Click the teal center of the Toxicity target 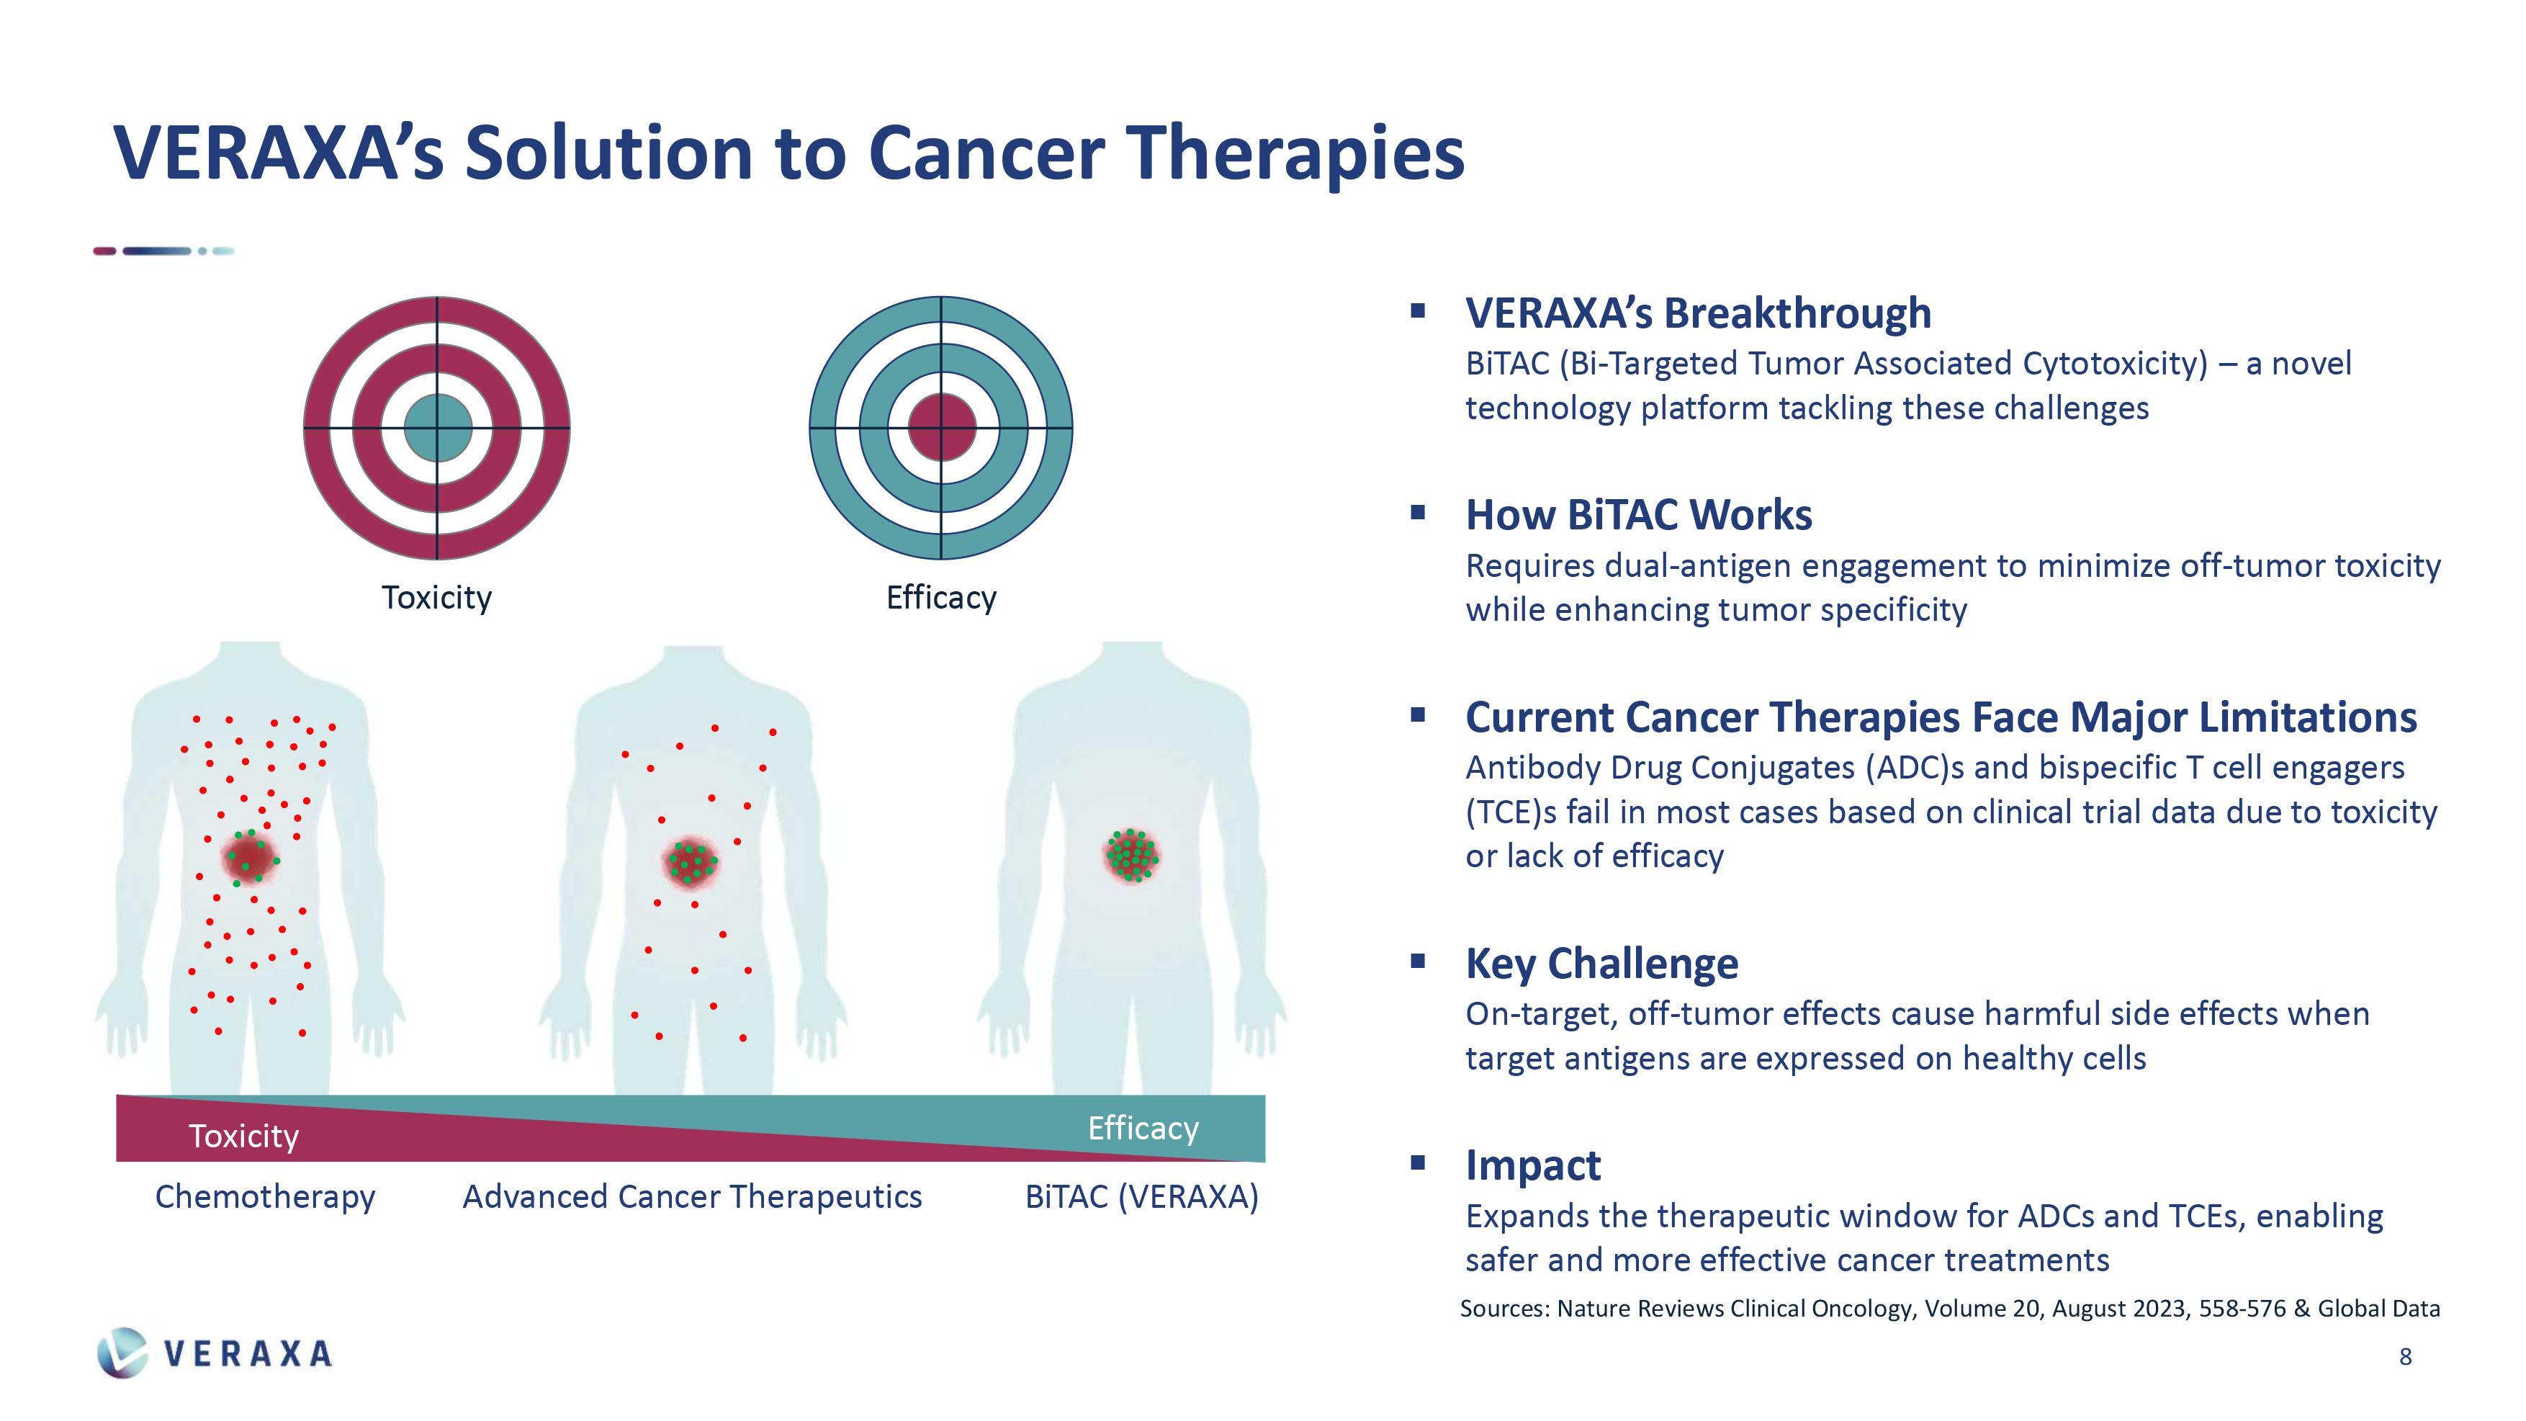pyautogui.click(x=437, y=428)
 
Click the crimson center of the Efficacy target pyautogui.click(x=941, y=428)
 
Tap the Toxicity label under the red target pyautogui.click(x=436, y=597)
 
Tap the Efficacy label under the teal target pyautogui.click(x=941, y=597)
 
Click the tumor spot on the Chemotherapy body pyautogui.click(x=251, y=857)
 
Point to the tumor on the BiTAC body pyautogui.click(x=1132, y=855)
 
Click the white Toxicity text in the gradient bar pyautogui.click(x=243, y=1136)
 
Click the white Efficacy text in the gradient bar pyautogui.click(x=1143, y=1129)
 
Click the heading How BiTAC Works pyautogui.click(x=1639, y=515)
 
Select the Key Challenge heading pyautogui.click(x=1601, y=964)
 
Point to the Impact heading pyautogui.click(x=1532, y=1166)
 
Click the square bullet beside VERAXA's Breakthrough pyautogui.click(x=1418, y=311)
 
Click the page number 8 pyautogui.click(x=2405, y=1356)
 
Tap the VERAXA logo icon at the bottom pyautogui.click(x=122, y=1353)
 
